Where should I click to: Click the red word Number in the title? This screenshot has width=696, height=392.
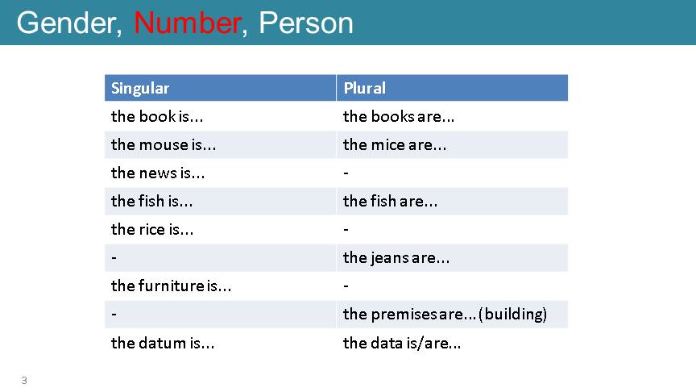click(187, 23)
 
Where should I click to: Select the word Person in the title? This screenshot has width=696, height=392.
click(306, 23)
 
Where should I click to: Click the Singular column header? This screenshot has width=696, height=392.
click(140, 89)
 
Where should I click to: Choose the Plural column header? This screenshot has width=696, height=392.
click(364, 88)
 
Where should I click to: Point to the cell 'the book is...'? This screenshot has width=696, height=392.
click(157, 116)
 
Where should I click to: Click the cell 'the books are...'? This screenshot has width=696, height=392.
click(399, 116)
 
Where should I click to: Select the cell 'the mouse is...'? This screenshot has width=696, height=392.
click(164, 145)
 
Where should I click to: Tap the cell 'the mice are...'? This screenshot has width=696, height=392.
click(395, 145)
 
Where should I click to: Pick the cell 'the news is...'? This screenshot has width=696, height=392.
click(158, 173)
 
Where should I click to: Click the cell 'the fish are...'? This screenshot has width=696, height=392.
click(390, 202)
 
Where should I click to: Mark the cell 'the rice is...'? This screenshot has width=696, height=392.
click(151, 229)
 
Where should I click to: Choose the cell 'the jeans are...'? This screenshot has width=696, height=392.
click(396, 258)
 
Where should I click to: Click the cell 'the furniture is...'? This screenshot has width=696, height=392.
click(171, 286)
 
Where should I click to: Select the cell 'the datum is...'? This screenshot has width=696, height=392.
click(163, 343)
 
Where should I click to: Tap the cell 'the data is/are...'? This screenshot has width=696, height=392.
click(402, 343)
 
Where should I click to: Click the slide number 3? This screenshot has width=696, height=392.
click(24, 381)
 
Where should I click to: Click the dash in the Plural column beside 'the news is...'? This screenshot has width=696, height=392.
click(346, 173)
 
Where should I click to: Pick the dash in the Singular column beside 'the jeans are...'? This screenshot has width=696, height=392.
click(114, 258)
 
